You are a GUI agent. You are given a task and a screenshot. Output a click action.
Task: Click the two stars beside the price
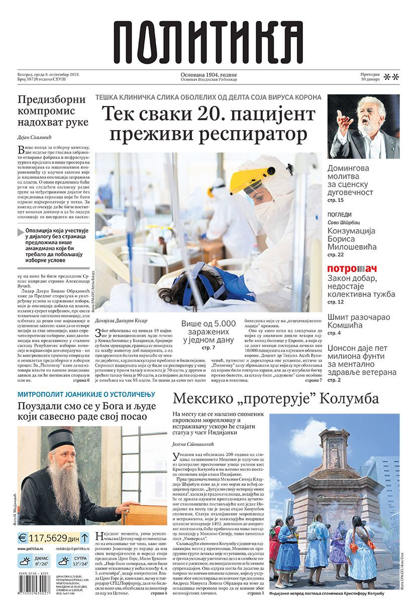(391, 77)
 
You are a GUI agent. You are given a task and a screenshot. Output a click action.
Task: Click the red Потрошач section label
(352, 269)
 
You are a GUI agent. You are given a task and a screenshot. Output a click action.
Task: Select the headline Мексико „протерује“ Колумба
(276, 398)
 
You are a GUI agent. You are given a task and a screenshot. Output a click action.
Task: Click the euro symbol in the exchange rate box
(23, 538)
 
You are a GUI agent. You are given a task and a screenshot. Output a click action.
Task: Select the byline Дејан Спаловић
(38, 137)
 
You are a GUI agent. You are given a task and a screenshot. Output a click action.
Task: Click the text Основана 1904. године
(208, 75)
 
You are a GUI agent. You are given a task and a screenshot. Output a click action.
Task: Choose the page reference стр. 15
(335, 200)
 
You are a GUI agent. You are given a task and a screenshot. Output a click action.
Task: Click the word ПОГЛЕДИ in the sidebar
(340, 215)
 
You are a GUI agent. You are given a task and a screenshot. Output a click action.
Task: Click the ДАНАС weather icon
(26, 560)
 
